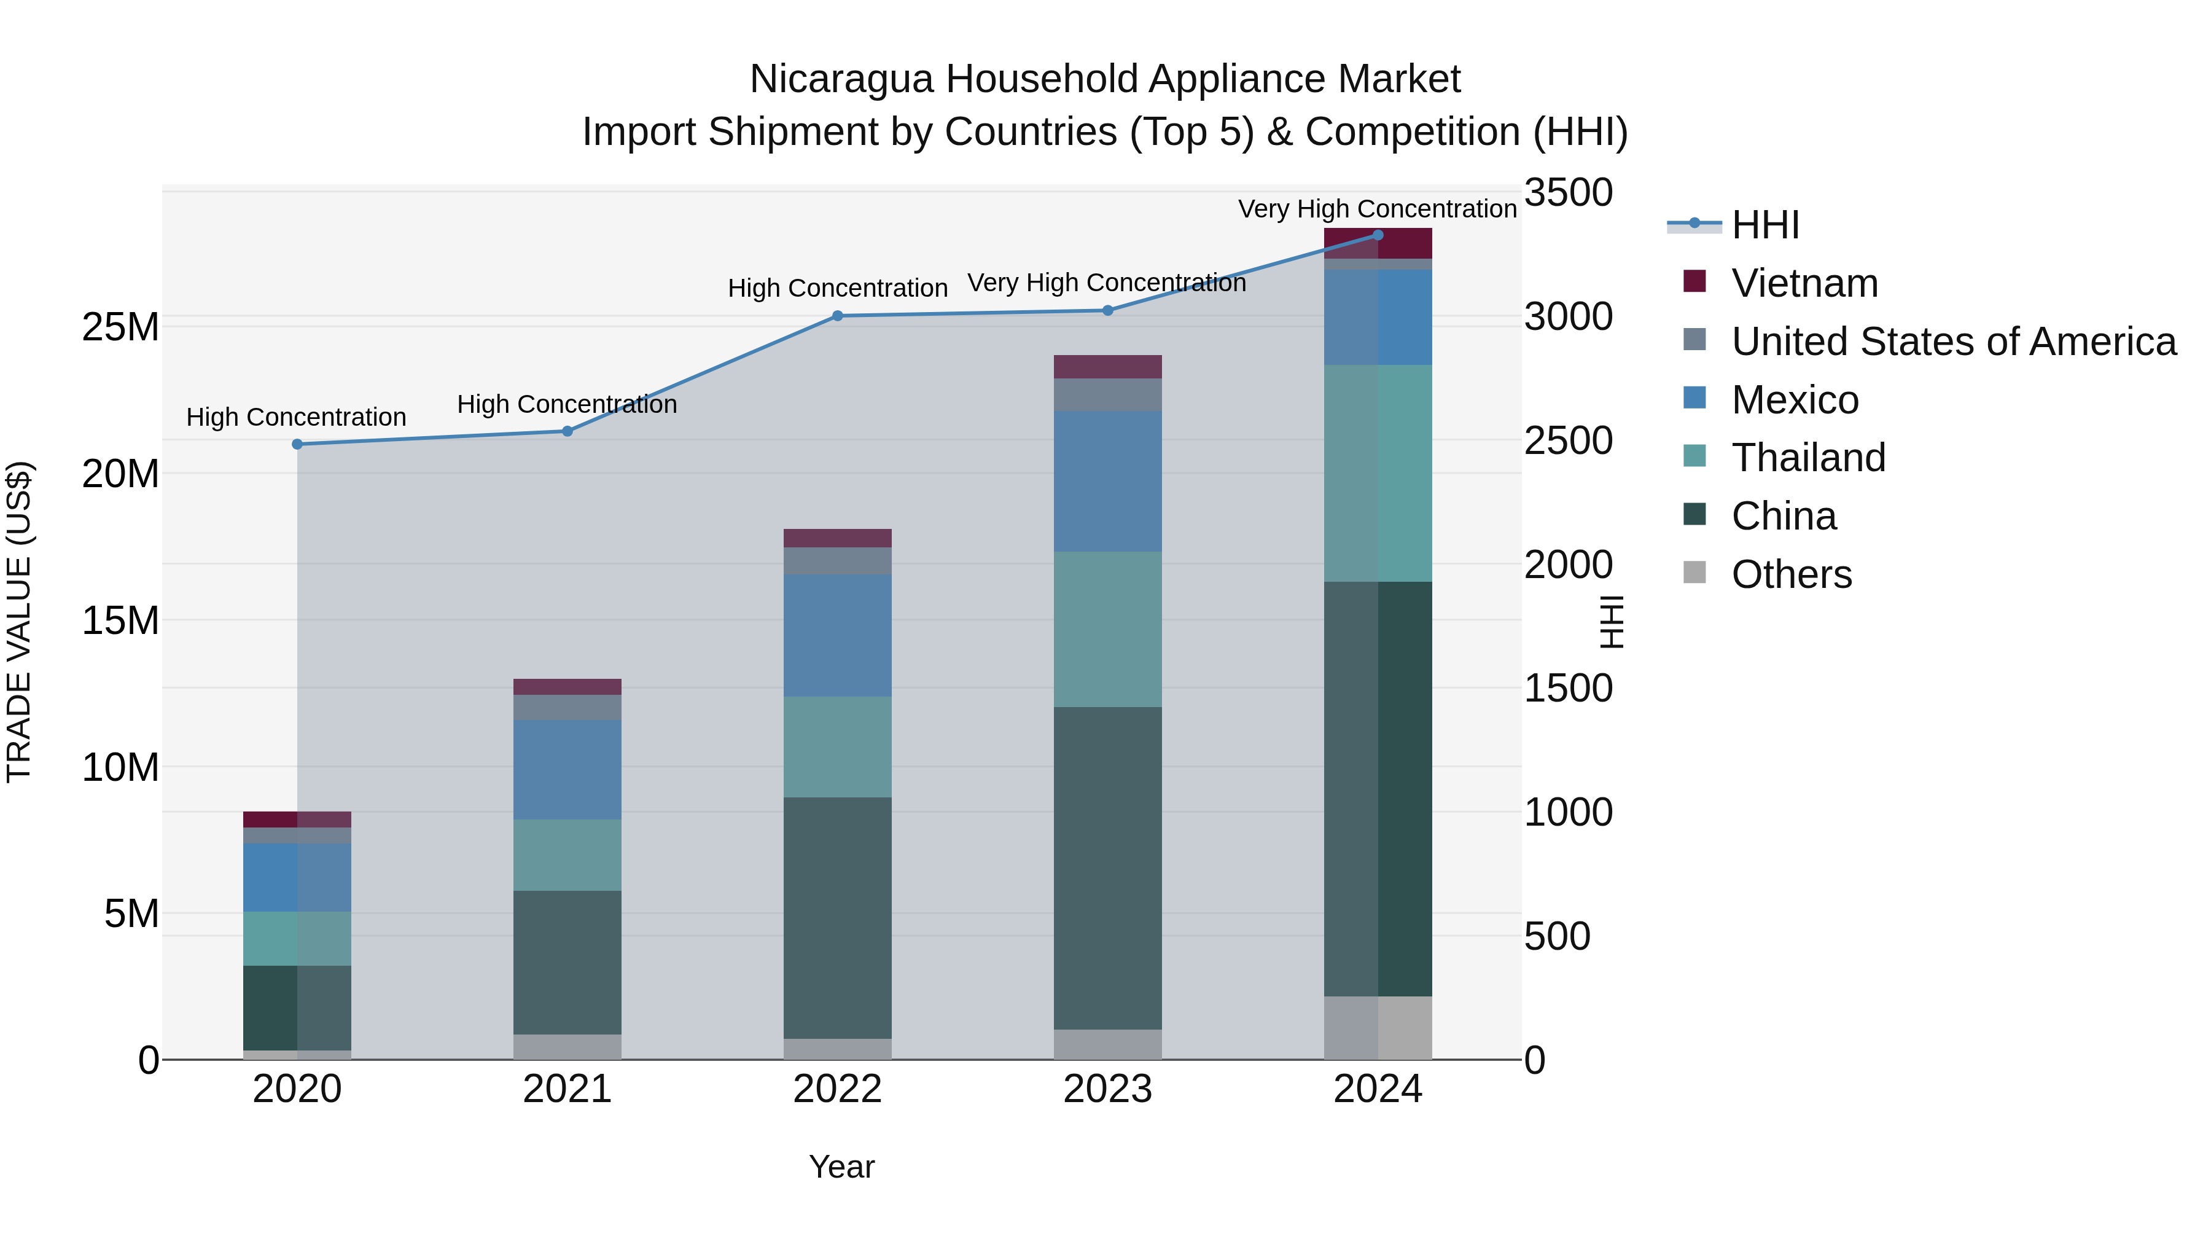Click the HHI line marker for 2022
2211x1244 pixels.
(x=838, y=316)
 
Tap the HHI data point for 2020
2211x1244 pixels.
(x=297, y=444)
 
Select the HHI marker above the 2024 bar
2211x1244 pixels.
(x=1378, y=235)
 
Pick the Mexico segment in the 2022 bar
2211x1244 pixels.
(x=837, y=635)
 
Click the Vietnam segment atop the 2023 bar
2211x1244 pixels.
(x=1107, y=367)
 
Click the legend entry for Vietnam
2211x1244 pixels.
(x=1804, y=283)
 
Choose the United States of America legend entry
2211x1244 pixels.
(x=1952, y=342)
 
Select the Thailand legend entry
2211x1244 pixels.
(x=1807, y=458)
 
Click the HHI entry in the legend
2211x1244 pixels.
(x=1764, y=225)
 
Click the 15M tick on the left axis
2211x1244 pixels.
(x=120, y=620)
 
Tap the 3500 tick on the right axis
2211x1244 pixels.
(x=1568, y=192)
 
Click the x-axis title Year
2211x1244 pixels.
(x=841, y=1167)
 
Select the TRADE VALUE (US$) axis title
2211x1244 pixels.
(x=19, y=622)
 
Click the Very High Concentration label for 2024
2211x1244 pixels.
(x=1377, y=209)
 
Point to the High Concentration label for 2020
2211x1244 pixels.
(x=296, y=417)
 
